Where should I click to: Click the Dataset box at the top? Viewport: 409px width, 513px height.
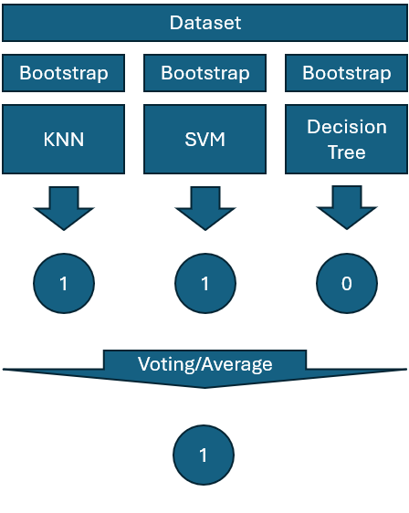204,23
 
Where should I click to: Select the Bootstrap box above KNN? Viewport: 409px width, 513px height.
64,73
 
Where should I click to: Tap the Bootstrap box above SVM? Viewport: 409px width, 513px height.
204,73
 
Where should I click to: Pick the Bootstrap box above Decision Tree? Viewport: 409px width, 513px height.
347,73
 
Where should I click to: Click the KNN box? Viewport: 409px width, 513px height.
64,139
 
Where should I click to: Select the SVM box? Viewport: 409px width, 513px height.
204,139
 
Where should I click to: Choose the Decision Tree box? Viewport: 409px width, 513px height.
347,139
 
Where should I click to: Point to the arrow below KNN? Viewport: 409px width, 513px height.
64,209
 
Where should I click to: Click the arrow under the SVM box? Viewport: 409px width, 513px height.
205,209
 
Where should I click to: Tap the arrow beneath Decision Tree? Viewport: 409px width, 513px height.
347,208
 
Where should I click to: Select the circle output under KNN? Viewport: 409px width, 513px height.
64,283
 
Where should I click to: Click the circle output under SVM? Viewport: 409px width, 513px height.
205,283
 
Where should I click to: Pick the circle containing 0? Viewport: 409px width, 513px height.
347,283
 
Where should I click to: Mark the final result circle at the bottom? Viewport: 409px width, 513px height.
204,455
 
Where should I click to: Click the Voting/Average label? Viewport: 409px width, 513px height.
204,364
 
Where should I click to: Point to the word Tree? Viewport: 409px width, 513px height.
347,152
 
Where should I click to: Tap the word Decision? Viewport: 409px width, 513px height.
347,127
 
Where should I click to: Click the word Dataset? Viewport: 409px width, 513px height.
205,23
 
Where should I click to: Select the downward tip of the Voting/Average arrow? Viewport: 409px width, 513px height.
204,388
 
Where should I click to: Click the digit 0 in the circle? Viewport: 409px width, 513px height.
347,283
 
